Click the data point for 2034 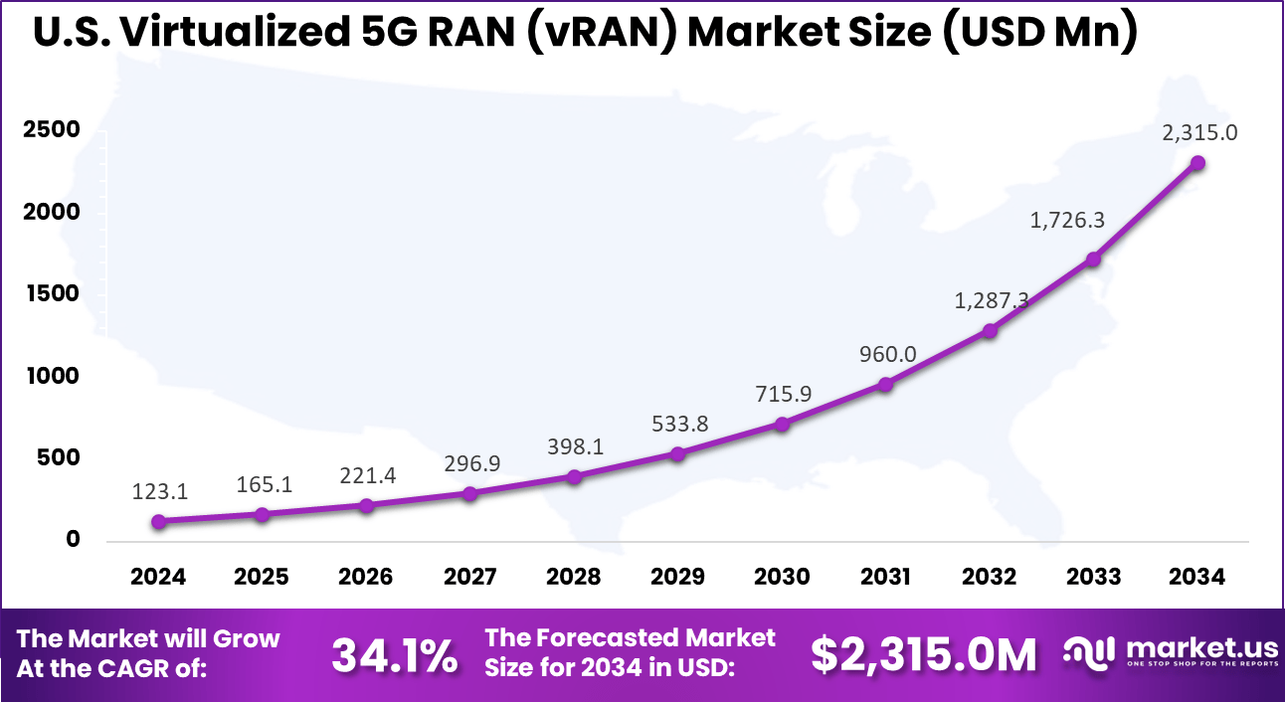click(1198, 163)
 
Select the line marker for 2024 click(159, 521)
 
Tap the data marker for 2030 click(783, 425)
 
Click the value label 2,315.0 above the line click(1198, 132)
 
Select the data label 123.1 click(159, 491)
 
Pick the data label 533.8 click(678, 424)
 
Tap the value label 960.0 click(886, 353)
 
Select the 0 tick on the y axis click(73, 540)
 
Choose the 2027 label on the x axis click(470, 577)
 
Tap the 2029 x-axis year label click(678, 577)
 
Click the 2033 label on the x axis click(1094, 577)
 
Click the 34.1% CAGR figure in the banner click(394, 654)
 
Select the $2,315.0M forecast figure click(924, 654)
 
